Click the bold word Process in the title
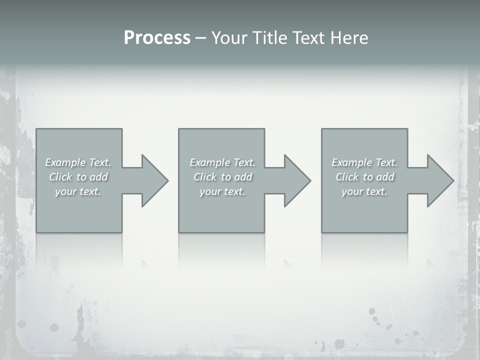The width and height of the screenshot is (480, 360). pyautogui.click(x=157, y=38)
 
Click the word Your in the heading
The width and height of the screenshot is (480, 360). pyautogui.click(x=229, y=38)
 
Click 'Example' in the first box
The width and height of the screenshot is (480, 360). pyautogui.click(x=65, y=162)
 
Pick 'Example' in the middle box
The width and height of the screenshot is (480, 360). pyautogui.click(x=209, y=162)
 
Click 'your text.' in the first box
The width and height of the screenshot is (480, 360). pyautogui.click(x=78, y=191)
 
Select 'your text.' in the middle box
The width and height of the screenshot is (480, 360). pyautogui.click(x=222, y=191)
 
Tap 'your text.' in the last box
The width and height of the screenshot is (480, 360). pyautogui.click(x=364, y=191)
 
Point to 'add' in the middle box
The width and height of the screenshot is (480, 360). pyautogui.click(x=243, y=177)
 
